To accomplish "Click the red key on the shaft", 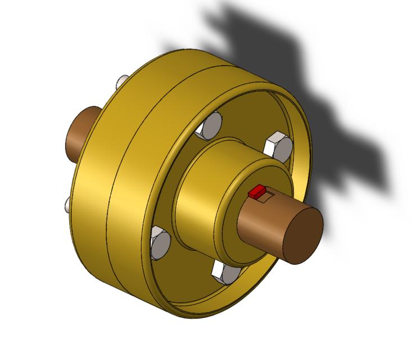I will (257, 192).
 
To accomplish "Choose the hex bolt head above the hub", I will (211, 126).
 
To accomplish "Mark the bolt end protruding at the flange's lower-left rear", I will (67, 204).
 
